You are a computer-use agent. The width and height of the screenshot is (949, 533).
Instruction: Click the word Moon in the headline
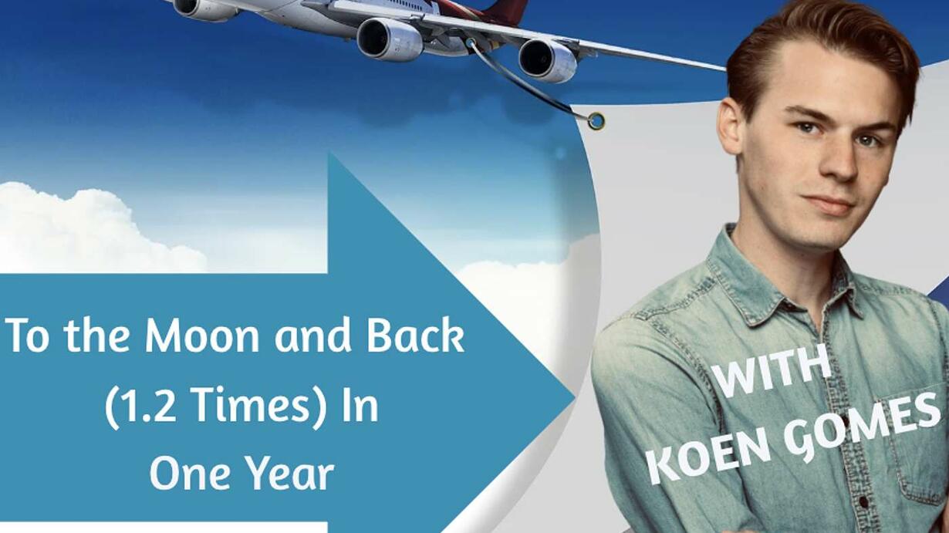(x=201, y=335)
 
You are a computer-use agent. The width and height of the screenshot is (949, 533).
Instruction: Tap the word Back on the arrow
(x=416, y=335)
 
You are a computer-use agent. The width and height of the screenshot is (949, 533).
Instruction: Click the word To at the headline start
(x=27, y=335)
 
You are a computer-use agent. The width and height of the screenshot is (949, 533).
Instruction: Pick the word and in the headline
(x=312, y=335)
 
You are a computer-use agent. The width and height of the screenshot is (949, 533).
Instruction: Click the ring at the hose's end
(x=596, y=121)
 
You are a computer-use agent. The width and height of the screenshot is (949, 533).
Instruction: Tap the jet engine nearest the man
(x=547, y=60)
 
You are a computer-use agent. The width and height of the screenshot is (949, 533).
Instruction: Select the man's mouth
(x=830, y=204)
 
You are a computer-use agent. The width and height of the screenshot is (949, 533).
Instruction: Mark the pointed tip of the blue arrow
(x=575, y=397)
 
